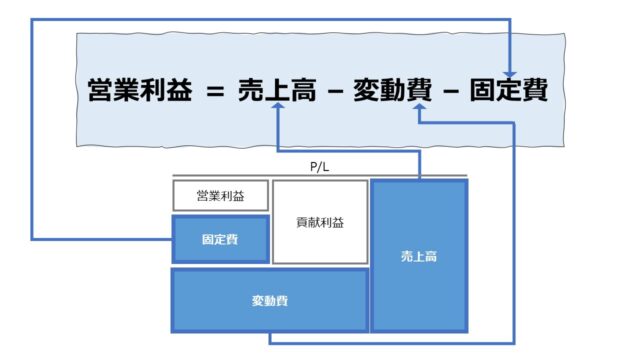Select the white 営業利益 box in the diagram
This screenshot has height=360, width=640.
[x=220, y=195]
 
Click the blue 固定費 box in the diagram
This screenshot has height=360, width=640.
[x=220, y=240]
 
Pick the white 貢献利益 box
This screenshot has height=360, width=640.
[x=319, y=222]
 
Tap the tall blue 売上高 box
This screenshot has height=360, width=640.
[x=419, y=256]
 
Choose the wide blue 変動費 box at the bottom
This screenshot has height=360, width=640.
[x=270, y=299]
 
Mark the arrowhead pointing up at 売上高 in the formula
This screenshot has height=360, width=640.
[x=278, y=113]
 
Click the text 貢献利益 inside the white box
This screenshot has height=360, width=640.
[x=319, y=222]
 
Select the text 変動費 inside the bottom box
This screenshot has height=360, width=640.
[x=270, y=300]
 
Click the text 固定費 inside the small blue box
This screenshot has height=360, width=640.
[x=220, y=241]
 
